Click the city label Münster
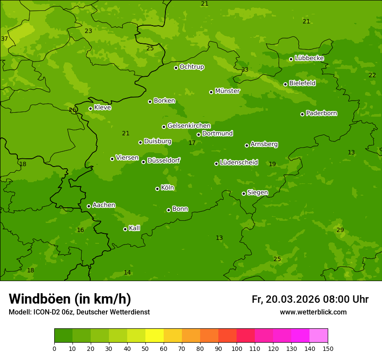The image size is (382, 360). point(227,91)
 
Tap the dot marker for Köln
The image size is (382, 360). point(157,189)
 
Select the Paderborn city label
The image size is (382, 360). point(321,113)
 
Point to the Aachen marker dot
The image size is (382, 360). point(89,206)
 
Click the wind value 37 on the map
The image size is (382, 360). point(4,39)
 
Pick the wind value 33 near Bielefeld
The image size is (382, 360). point(245,69)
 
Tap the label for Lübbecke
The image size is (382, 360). point(309,58)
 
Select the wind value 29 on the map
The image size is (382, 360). point(340,230)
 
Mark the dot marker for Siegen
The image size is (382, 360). point(244,193)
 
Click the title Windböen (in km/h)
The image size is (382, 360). point(69,299)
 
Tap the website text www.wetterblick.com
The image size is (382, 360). point(313,312)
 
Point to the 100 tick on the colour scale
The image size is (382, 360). point(237,348)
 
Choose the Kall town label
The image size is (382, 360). point(134,228)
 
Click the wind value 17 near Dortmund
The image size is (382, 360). point(192,143)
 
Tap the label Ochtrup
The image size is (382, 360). point(191,67)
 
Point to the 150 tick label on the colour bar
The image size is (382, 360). point(327,348)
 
